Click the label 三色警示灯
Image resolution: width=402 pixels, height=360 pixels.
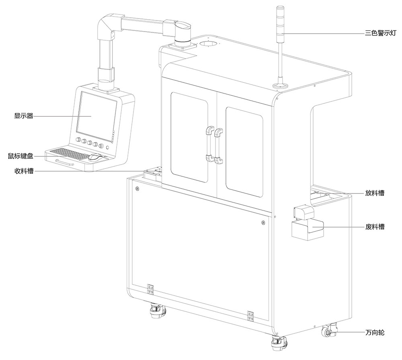tap(375, 34)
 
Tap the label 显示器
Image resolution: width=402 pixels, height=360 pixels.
tap(23, 117)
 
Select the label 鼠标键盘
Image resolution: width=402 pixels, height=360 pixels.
tap(20, 156)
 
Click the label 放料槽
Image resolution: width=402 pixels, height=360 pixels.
tap(375, 193)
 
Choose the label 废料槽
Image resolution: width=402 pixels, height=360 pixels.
tap(375, 227)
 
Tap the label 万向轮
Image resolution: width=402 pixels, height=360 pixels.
tap(375, 333)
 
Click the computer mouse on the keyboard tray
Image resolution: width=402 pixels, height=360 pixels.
tap(95, 157)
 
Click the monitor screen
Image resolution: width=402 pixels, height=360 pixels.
tap(96, 114)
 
